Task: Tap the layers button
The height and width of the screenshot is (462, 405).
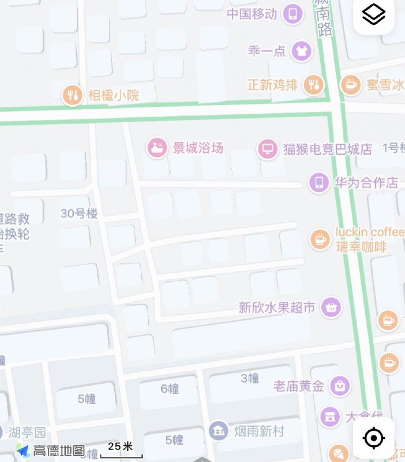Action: pyautogui.click(x=373, y=14)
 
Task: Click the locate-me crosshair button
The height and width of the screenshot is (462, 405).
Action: pyautogui.click(x=373, y=438)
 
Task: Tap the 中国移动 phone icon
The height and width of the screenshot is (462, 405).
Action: pyautogui.click(x=292, y=14)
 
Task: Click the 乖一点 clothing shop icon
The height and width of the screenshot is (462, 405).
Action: pyautogui.click(x=300, y=51)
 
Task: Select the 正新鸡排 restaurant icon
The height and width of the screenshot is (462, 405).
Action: pyautogui.click(x=313, y=85)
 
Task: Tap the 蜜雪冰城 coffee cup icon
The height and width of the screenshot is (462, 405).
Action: pyautogui.click(x=350, y=85)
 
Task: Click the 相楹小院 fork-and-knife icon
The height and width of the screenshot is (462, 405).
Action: pyautogui.click(x=73, y=95)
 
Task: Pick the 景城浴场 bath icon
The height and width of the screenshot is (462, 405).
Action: pyautogui.click(x=157, y=148)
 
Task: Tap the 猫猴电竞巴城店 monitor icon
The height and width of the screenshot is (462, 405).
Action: pyautogui.click(x=267, y=148)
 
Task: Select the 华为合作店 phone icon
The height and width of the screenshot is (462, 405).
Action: pyautogui.click(x=318, y=182)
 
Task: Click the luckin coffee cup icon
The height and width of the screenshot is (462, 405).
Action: pyautogui.click(x=320, y=239)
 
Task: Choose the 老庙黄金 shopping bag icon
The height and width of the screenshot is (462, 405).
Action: pyautogui.click(x=340, y=385)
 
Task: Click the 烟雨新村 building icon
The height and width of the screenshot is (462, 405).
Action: pyautogui.click(x=218, y=431)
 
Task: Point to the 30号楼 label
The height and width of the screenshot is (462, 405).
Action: pyautogui.click(x=79, y=213)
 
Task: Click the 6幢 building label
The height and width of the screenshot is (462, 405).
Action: pyautogui.click(x=170, y=389)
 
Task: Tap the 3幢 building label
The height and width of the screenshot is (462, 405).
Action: pyautogui.click(x=250, y=378)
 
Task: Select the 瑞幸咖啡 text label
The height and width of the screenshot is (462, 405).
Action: pyautogui.click(x=361, y=247)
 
